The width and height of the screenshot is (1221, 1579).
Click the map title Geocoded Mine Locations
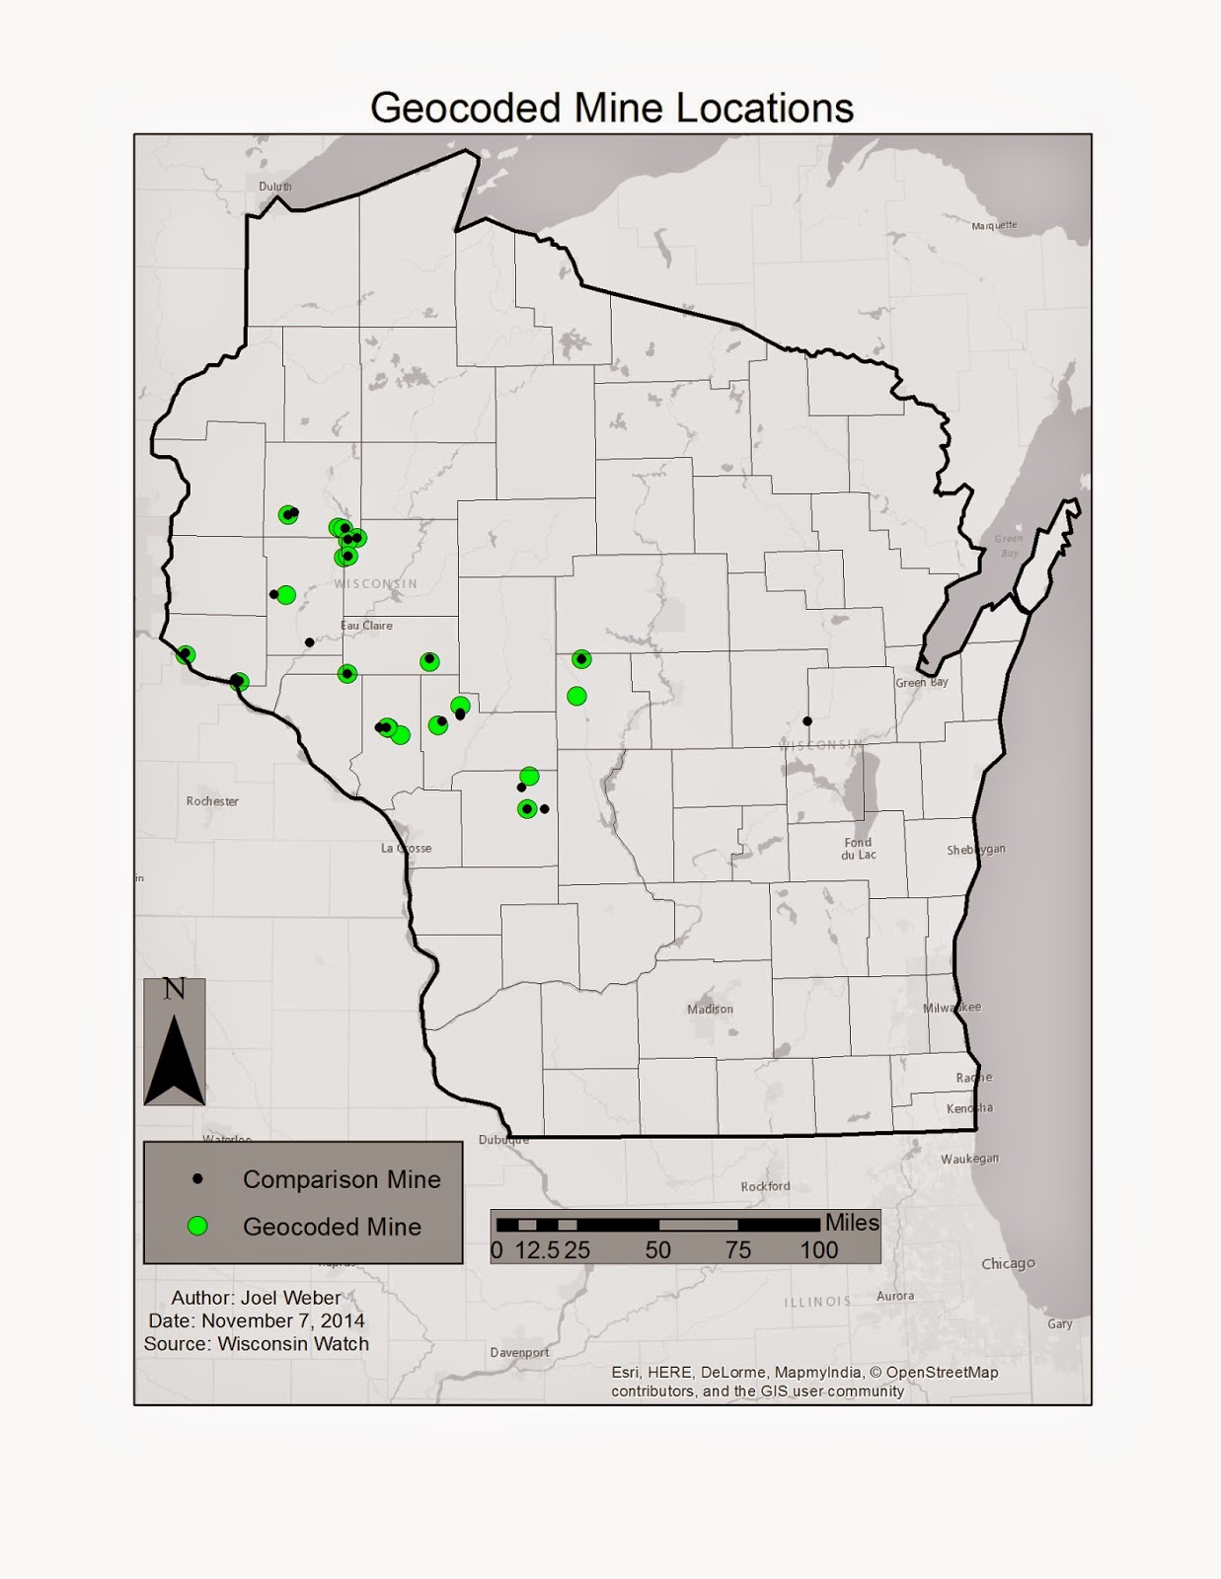611,108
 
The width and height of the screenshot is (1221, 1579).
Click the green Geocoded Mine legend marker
198,1226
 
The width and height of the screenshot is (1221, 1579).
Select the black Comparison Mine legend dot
198,1179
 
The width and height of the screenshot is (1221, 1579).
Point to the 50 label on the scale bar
658,1250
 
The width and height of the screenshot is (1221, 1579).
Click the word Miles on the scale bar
852,1223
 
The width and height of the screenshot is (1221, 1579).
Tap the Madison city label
711,1009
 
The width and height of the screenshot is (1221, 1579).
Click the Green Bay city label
922,682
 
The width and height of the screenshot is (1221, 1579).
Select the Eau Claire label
366,626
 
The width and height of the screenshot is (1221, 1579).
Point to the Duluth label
275,187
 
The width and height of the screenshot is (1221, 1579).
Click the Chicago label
1008,1263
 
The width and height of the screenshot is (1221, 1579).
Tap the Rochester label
212,801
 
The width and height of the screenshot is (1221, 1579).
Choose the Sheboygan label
975,850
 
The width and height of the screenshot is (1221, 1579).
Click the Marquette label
994,225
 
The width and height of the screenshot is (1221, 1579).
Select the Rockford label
765,1186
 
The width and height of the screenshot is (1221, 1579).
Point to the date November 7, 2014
257,1320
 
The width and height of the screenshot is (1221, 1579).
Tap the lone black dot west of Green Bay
807,720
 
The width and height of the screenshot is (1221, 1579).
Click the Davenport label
519,1352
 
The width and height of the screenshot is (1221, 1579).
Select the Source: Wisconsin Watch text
257,1343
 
